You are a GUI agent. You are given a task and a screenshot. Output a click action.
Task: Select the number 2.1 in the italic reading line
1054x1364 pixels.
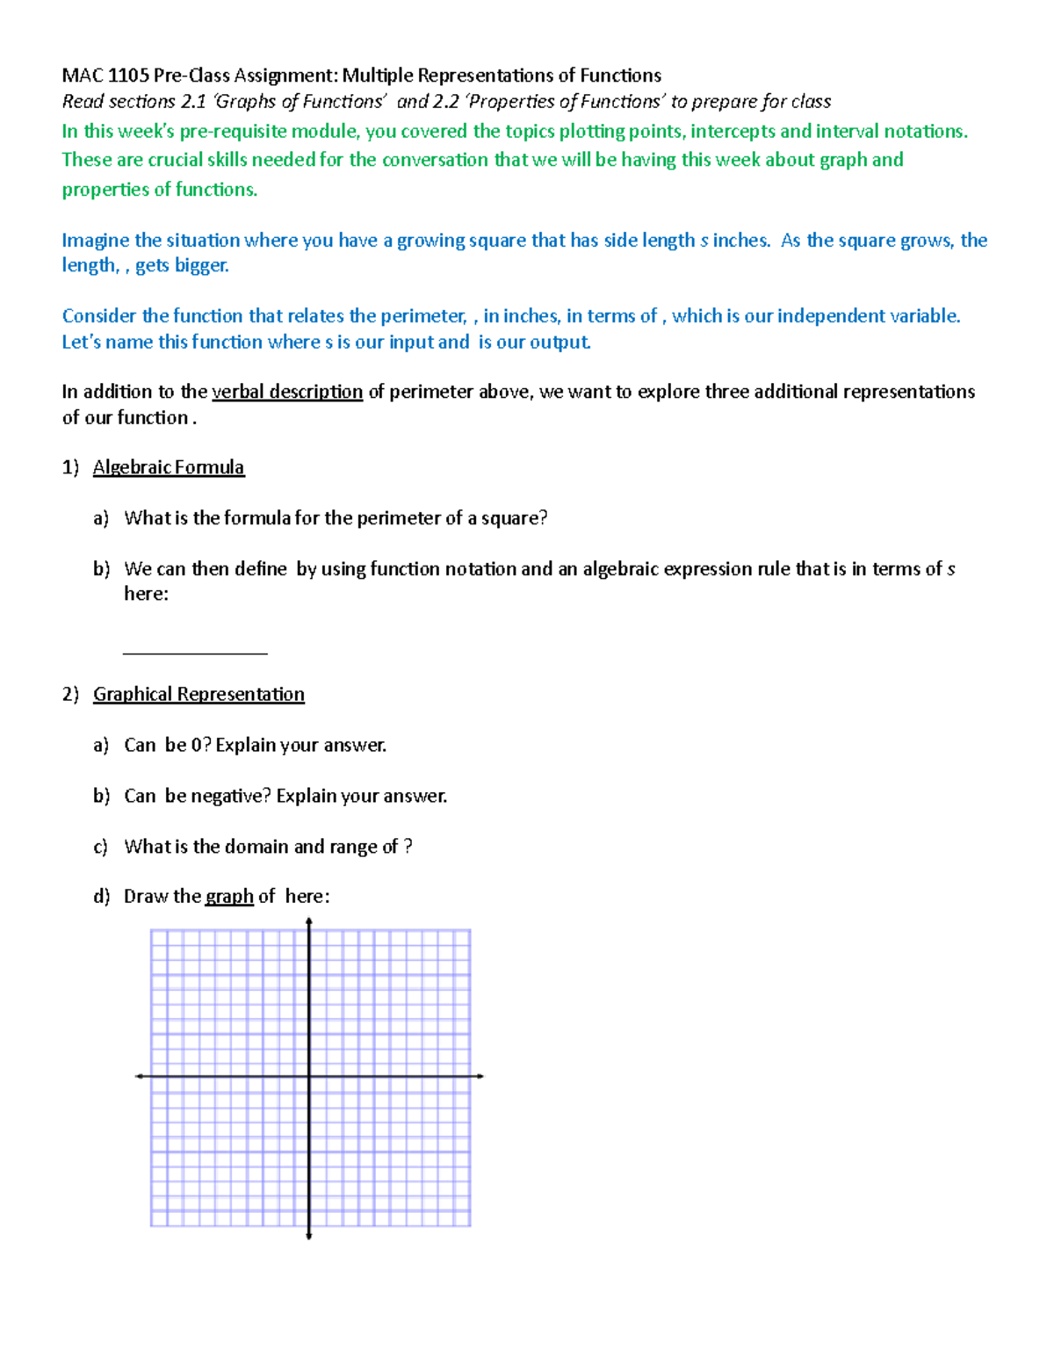click(x=192, y=102)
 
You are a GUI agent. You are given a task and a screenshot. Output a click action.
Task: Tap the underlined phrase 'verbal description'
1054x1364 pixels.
click(x=287, y=392)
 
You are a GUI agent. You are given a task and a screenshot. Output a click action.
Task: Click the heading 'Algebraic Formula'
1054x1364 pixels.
click(x=169, y=467)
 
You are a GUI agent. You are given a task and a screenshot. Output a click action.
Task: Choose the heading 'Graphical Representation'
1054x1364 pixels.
click(x=199, y=694)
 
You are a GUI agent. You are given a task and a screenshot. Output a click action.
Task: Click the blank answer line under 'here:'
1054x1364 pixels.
click(x=195, y=652)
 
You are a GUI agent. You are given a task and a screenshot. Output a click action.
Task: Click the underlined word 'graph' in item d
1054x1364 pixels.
click(x=229, y=897)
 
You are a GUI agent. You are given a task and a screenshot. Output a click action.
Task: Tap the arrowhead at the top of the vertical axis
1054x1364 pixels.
click(x=309, y=921)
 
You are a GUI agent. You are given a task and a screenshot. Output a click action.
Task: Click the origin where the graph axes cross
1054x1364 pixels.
click(x=309, y=1076)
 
